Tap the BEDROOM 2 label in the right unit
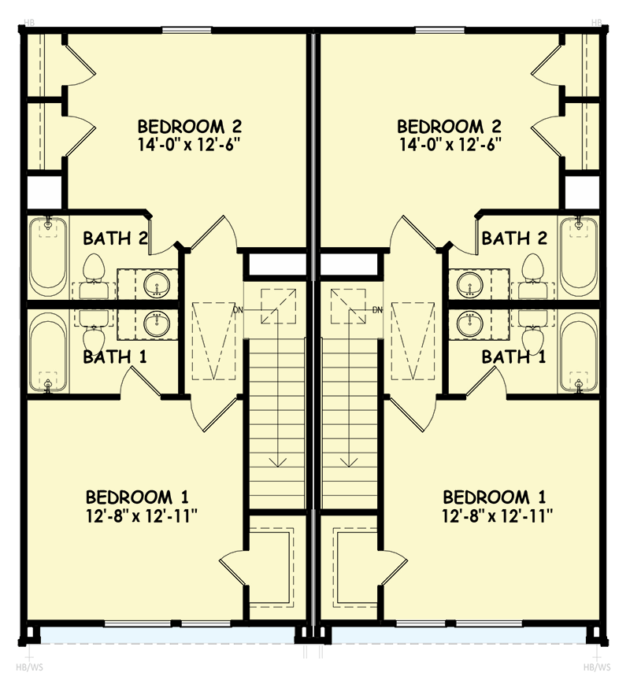pos(449,127)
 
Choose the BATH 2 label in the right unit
pos(514,238)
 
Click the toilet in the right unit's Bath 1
pos(534,334)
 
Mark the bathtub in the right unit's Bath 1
pos(579,351)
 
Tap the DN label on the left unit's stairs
pos(239,309)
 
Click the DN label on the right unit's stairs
pos(377,309)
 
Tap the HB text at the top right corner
pos(596,22)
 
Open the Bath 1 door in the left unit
pos(138,383)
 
